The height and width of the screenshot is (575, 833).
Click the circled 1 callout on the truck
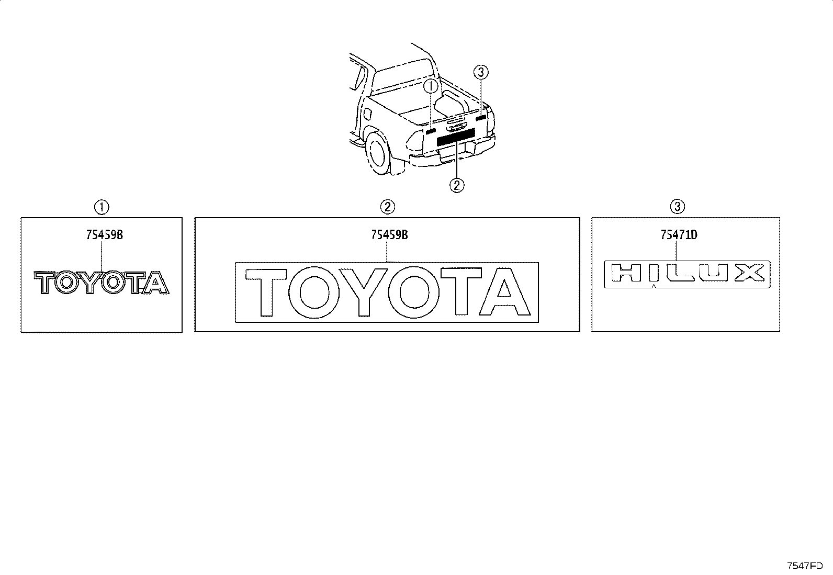point(431,87)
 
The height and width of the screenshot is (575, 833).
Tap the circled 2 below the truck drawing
point(457,185)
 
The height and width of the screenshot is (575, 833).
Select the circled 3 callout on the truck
point(481,72)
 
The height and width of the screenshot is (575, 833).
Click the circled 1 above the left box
point(102,207)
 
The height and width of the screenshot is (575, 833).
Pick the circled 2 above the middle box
point(388,207)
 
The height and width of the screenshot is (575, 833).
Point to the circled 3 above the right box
point(677,207)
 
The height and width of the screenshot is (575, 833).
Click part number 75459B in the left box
point(105,235)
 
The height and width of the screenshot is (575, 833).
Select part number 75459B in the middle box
point(389,235)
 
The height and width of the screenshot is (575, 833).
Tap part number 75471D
point(679,235)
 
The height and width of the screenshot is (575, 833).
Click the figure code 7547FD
point(805,566)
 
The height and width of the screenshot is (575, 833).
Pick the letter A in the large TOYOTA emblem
point(504,291)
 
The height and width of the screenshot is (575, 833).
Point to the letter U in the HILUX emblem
point(713,273)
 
